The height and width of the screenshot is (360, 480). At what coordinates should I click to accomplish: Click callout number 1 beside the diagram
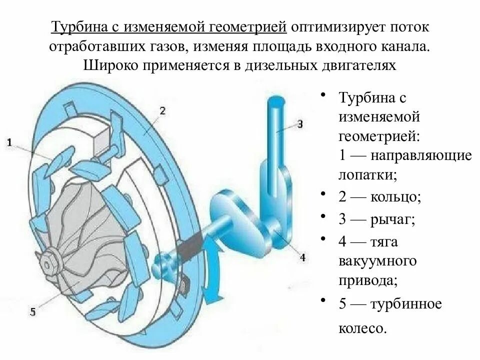click(9, 143)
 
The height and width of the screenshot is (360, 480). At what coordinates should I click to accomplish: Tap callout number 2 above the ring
click(162, 111)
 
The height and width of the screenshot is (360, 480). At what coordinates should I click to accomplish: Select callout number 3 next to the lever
click(299, 123)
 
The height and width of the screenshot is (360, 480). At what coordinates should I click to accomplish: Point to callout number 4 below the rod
click(302, 258)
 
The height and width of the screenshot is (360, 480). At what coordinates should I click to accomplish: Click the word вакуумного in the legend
click(378, 261)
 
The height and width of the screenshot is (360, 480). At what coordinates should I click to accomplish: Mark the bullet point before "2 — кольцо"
click(324, 193)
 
